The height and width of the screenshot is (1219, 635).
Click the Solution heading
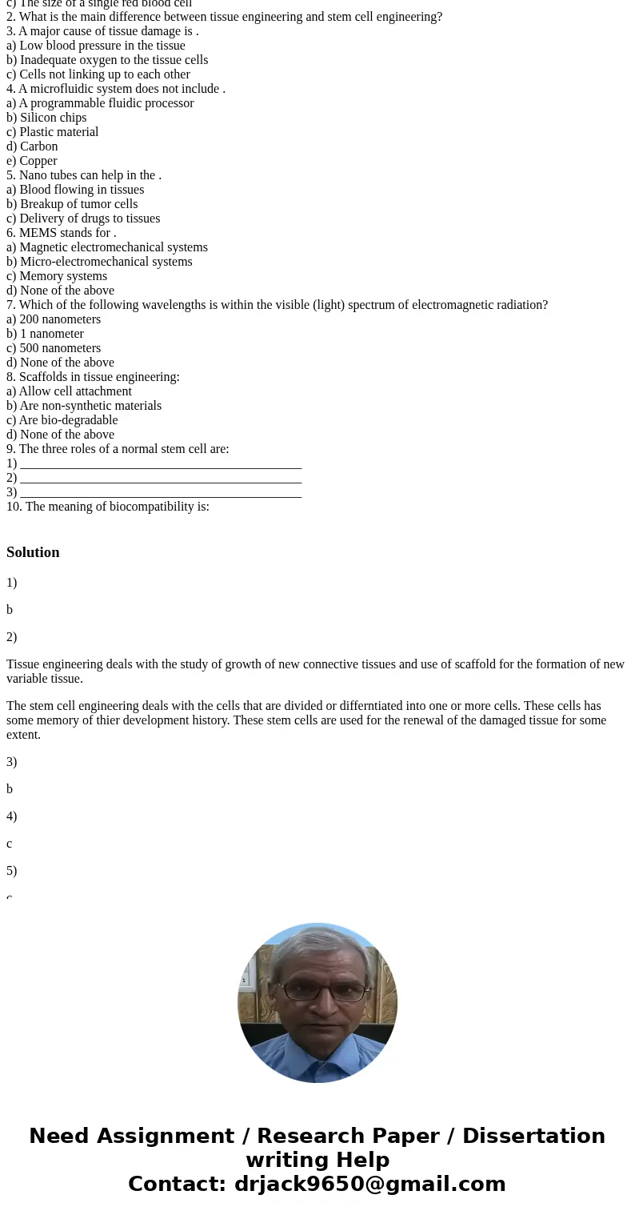coord(33,552)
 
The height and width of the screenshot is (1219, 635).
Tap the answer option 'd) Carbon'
coord(32,146)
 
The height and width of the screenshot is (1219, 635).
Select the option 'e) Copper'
coord(32,161)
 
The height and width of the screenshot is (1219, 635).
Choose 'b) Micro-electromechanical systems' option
coord(99,262)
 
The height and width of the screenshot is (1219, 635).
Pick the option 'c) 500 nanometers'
coord(54,348)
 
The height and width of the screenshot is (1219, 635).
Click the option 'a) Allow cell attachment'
coord(69,391)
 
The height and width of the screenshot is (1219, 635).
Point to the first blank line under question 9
coord(160,464)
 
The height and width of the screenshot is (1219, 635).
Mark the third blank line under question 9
coord(160,493)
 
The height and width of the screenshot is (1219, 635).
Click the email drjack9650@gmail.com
coord(369,1185)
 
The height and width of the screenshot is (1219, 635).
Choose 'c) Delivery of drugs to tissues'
coord(83,219)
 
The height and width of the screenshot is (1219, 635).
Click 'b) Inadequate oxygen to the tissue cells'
coord(107,60)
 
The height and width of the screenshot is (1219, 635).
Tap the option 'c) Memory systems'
coord(57,276)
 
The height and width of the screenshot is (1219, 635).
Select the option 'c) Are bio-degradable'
coord(62,420)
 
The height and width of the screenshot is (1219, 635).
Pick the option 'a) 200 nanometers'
coord(54,319)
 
